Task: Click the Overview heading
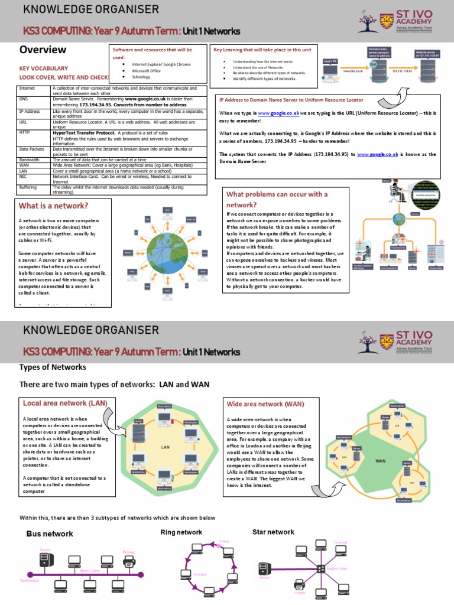43,50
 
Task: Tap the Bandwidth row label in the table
30,160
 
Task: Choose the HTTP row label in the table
25,133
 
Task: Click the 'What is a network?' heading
54,206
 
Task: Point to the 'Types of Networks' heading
53,367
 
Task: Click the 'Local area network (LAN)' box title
64,403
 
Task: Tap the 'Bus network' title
50,534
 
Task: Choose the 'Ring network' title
181,532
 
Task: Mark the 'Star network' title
273,532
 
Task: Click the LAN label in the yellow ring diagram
166,447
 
